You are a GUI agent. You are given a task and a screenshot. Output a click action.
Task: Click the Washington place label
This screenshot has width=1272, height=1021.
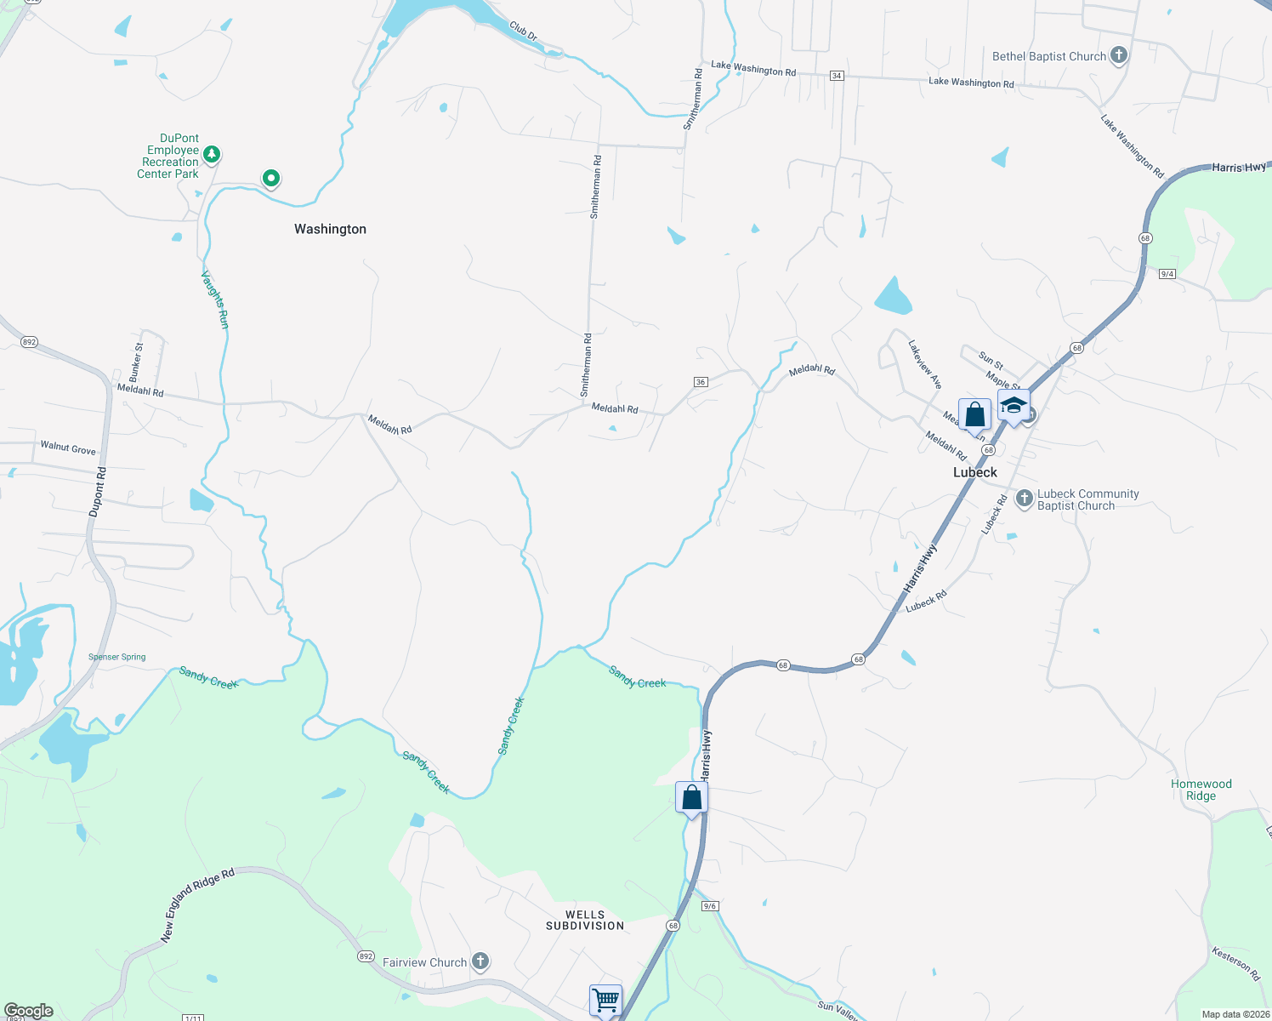pyautogui.click(x=330, y=229)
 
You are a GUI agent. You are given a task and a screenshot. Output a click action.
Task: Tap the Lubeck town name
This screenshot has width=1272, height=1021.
pyautogui.click(x=974, y=472)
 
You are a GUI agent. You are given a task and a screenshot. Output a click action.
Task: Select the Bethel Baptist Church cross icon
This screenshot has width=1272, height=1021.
pyautogui.click(x=1119, y=56)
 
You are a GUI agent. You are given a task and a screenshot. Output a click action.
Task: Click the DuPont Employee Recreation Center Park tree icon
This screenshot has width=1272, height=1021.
pyautogui.click(x=212, y=154)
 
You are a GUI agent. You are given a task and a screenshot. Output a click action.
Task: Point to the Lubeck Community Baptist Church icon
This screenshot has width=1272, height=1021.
pyautogui.click(x=1025, y=498)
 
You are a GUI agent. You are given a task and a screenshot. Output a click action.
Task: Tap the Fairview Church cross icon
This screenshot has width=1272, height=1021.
pyautogui.click(x=480, y=961)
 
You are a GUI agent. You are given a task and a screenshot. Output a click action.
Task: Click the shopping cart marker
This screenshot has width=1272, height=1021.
pyautogui.click(x=605, y=999)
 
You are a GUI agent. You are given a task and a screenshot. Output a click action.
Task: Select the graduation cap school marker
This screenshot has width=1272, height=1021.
pyautogui.click(x=1014, y=405)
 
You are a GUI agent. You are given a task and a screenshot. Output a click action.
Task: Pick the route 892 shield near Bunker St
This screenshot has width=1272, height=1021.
pyautogui.click(x=30, y=342)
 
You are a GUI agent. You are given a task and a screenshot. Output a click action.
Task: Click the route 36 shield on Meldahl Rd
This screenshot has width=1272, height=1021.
pyautogui.click(x=701, y=382)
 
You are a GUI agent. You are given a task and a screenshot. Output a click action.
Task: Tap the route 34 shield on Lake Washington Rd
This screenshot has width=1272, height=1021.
pyautogui.click(x=837, y=76)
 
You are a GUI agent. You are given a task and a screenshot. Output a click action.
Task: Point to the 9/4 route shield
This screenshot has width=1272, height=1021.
pyautogui.click(x=1167, y=274)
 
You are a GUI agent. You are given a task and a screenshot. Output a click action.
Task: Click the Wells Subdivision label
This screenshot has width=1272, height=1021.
pyautogui.click(x=585, y=920)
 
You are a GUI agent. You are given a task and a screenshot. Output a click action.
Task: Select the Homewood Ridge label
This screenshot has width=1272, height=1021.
pyautogui.click(x=1201, y=790)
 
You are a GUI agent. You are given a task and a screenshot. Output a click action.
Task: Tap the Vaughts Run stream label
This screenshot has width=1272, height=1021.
pyautogui.click(x=215, y=299)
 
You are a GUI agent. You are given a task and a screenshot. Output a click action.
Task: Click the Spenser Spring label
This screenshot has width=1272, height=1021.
pyautogui.click(x=117, y=657)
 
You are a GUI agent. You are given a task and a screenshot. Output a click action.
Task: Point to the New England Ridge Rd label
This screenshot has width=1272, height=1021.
pyautogui.click(x=197, y=905)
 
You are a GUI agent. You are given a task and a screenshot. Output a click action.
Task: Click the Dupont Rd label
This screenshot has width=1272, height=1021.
pyautogui.click(x=99, y=492)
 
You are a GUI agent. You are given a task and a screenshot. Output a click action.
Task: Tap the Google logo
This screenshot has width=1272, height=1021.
pyautogui.click(x=29, y=1011)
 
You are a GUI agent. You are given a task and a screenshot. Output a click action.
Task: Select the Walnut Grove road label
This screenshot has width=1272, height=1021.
pyautogui.click(x=68, y=448)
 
